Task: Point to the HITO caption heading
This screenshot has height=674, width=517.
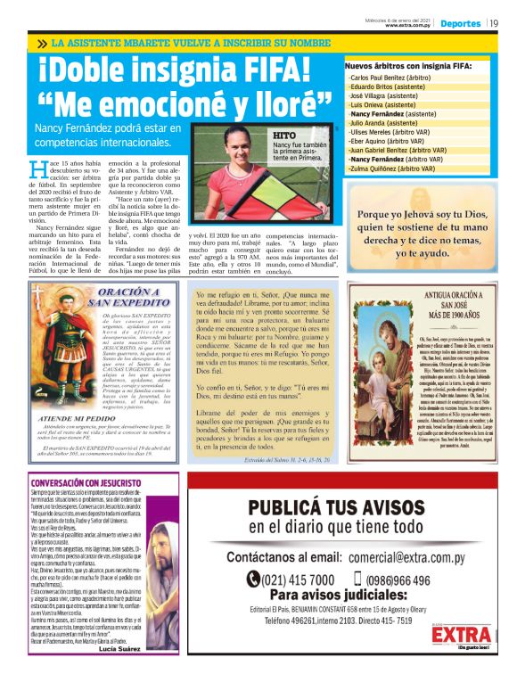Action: [284, 135]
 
